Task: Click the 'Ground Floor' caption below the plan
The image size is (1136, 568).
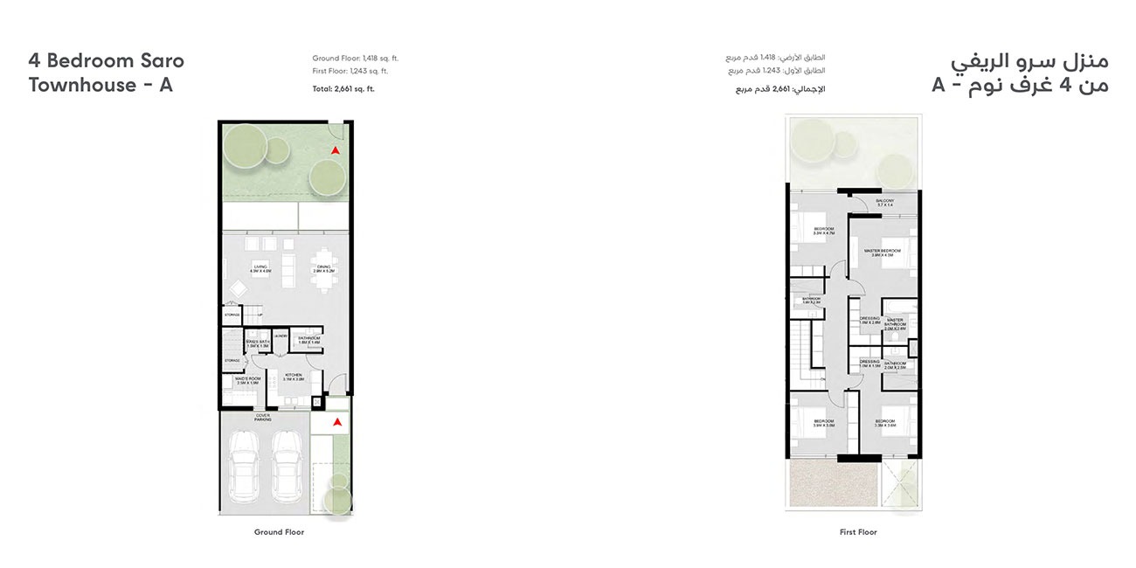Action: (280, 532)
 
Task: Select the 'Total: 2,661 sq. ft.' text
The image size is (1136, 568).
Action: (343, 89)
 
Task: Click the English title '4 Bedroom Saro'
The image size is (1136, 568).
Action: (107, 61)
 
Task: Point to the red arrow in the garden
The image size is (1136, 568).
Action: (335, 151)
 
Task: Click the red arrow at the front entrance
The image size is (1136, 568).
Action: (336, 422)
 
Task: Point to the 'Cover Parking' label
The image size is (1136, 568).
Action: (263, 418)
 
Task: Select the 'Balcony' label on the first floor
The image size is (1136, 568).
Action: (884, 203)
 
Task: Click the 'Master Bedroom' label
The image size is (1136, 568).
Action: (883, 253)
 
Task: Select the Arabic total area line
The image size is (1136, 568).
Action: (779, 89)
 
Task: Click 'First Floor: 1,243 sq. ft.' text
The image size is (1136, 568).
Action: (350, 72)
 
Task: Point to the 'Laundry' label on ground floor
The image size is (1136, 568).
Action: (281, 336)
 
